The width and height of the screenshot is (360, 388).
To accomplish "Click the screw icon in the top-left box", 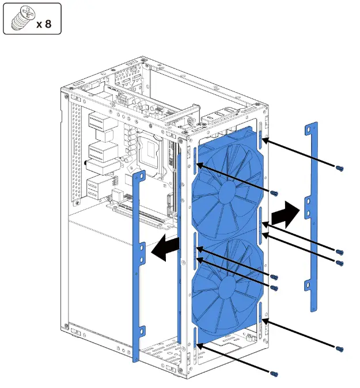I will click(21, 18).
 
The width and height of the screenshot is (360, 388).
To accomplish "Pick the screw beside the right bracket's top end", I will click(339, 168).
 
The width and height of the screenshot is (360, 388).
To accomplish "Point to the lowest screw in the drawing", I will click(275, 374).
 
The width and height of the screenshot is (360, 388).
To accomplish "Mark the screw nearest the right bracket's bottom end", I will click(339, 348).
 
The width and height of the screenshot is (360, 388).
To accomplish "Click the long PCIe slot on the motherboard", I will click(141, 215).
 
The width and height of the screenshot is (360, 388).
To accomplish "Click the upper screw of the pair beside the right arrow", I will click(339, 252).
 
